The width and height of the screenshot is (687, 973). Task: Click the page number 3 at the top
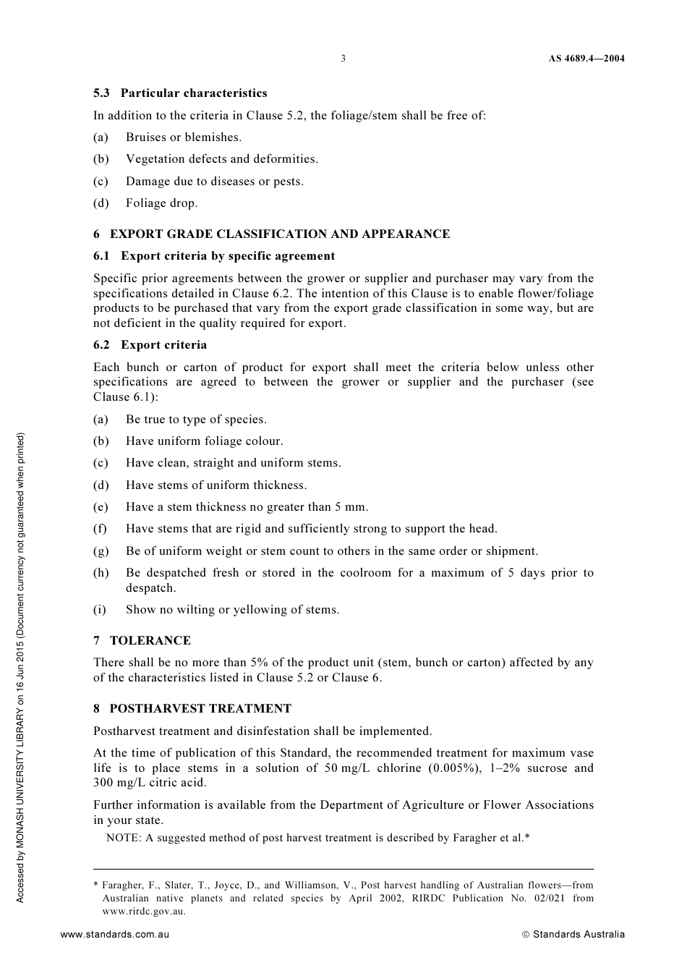tap(343, 59)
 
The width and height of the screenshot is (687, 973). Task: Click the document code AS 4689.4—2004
tap(586, 59)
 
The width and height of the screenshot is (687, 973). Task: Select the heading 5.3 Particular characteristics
tap(180, 93)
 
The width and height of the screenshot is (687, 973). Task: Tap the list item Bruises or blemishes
tap(184, 137)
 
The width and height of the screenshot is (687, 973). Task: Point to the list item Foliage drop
tap(161, 203)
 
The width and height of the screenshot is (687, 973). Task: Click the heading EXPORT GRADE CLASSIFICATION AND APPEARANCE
tap(279, 234)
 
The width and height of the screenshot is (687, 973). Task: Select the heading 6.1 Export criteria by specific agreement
tap(214, 256)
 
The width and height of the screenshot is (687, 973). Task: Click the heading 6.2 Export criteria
tap(150, 345)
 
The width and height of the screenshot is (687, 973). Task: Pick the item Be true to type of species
tap(196, 420)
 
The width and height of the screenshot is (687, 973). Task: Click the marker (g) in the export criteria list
tap(101, 551)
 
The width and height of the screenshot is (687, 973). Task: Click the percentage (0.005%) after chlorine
tap(455, 768)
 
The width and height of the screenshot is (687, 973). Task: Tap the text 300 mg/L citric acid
tap(150, 783)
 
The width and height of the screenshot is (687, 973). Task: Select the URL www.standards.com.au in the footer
tap(115, 935)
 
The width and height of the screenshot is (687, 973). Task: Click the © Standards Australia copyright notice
tap(573, 935)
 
